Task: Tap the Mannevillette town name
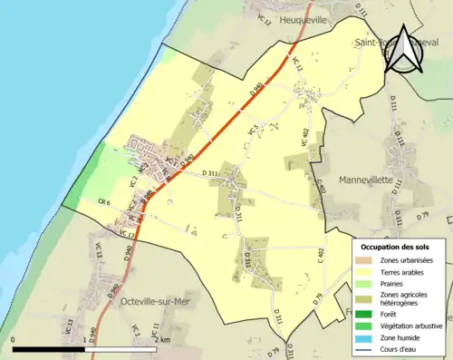(365, 180)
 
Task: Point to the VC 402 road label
(305, 136)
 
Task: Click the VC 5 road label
(253, 131)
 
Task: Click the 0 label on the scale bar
(14, 340)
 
